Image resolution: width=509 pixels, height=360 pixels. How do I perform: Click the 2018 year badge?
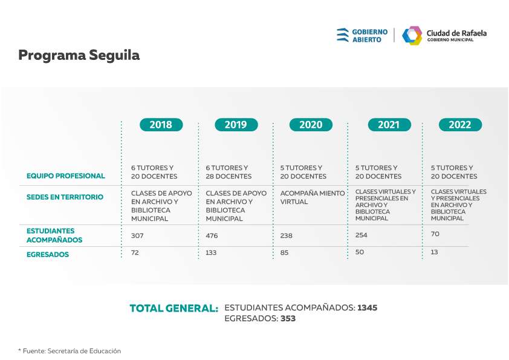(161, 125)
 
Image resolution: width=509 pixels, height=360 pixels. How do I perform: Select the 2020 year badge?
(311, 125)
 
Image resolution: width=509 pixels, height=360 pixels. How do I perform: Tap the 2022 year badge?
(460, 125)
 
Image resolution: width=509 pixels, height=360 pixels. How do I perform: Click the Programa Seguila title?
(79, 56)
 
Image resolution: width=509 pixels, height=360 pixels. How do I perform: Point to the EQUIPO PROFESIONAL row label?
(65, 176)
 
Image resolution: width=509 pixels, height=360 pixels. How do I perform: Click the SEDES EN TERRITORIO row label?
(65, 197)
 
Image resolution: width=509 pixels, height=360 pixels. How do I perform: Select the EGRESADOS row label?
(48, 254)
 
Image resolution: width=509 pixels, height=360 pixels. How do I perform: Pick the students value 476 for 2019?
(212, 235)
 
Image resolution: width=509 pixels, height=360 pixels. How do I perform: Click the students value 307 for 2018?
(137, 235)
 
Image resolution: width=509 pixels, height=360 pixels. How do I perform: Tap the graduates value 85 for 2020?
(284, 252)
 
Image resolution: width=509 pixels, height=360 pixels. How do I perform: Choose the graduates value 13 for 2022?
(434, 252)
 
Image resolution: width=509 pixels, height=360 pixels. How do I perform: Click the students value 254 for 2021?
(361, 235)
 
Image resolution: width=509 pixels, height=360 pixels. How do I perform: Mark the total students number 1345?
(367, 308)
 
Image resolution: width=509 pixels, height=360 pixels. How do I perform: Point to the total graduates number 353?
(288, 318)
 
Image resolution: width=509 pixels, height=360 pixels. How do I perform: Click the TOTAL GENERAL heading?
(174, 309)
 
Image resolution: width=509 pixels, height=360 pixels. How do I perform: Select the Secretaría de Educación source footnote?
(70, 351)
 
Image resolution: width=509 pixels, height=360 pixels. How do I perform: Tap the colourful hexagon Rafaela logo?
(412, 36)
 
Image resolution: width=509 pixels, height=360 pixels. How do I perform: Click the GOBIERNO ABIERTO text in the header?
(370, 36)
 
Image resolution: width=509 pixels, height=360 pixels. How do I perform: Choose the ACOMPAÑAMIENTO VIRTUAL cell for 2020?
(313, 197)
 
